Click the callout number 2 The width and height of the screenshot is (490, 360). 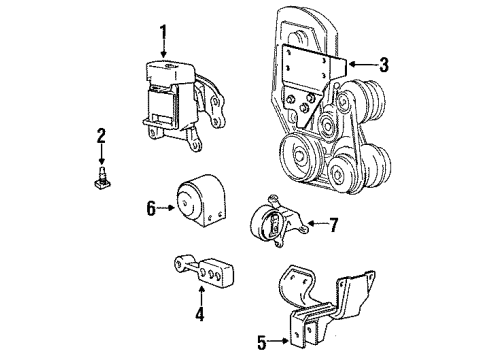100,136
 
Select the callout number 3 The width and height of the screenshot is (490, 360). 384,66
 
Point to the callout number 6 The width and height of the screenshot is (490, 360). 152,208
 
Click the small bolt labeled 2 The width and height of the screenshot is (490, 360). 101,179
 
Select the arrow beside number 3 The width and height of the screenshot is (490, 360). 362,66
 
